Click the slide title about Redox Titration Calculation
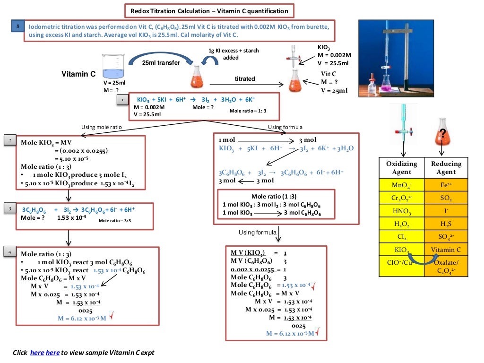click(209, 11)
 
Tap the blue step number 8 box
click(17, 27)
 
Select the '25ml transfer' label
click(161, 63)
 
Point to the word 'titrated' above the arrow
click(245, 78)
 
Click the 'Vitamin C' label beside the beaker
click(78, 74)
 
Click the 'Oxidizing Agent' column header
click(402, 168)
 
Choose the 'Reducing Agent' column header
click(446, 168)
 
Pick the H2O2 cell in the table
click(402, 224)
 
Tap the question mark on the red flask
click(442, 133)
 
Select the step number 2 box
click(10, 140)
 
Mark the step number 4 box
click(10, 252)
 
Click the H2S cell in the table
click(446, 224)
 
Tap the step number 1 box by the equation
click(122, 100)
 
